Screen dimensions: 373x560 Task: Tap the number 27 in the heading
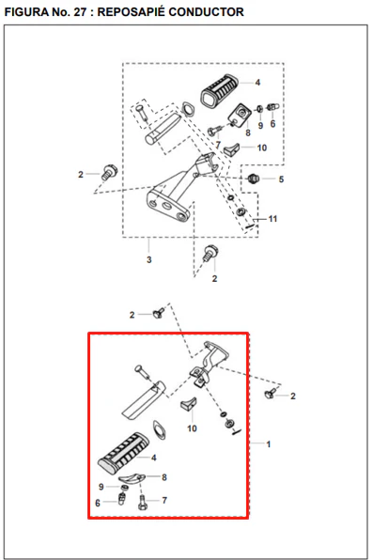(x=79, y=12)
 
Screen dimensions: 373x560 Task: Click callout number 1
(x=269, y=444)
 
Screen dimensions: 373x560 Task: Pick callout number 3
(x=149, y=259)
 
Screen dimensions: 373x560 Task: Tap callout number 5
(x=281, y=179)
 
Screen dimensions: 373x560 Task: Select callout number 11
(x=272, y=219)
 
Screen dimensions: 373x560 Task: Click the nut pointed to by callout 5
(x=253, y=178)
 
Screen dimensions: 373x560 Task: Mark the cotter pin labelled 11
(x=250, y=226)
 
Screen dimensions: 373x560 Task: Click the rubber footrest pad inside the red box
(x=124, y=449)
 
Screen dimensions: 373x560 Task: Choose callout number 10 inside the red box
(x=192, y=428)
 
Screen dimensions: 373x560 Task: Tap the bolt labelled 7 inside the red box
(x=142, y=502)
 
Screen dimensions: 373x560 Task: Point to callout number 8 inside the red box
(x=164, y=477)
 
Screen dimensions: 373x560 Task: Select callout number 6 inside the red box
(x=98, y=503)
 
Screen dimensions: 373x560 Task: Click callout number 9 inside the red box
(x=101, y=487)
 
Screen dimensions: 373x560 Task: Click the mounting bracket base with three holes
(x=168, y=205)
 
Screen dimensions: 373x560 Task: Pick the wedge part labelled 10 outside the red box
(x=231, y=149)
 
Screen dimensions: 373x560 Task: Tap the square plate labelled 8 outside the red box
(x=241, y=115)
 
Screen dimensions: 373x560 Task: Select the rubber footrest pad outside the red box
(x=219, y=91)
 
